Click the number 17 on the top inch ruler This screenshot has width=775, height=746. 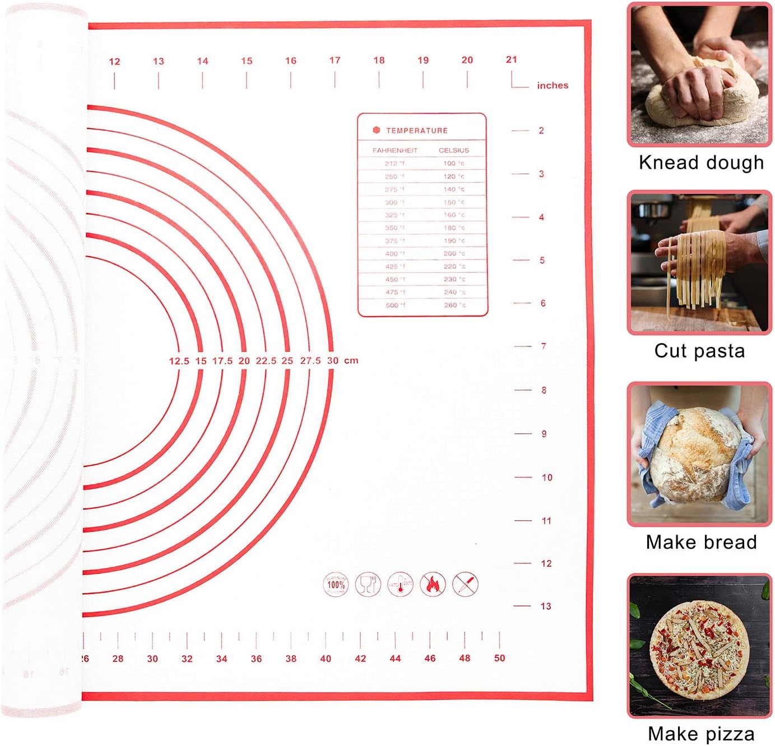pos(335,61)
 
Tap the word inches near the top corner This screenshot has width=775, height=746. pos(553,85)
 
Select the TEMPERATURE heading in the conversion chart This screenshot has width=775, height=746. pos(416,131)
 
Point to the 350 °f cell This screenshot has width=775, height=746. pos(394,228)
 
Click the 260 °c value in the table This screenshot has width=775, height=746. pos(454,305)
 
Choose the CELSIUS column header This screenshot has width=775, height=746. pos(453,150)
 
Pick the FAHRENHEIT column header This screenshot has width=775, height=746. pos(395,150)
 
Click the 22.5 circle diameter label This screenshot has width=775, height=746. pos(266,361)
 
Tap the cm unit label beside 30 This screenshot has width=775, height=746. pos(351,360)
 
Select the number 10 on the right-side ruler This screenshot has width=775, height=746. pos(547,478)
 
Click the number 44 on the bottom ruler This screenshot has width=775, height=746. pos(395,659)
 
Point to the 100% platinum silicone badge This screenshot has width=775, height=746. pos(336,585)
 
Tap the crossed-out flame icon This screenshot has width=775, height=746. pos(433,585)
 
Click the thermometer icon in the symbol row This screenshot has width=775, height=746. pos(400,585)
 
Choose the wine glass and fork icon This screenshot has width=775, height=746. pos(368,585)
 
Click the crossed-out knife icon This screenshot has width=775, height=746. pos(466,585)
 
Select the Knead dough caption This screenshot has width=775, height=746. pos(701,163)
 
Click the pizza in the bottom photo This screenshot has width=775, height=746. pos(699,646)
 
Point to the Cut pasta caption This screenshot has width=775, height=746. pos(699,351)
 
